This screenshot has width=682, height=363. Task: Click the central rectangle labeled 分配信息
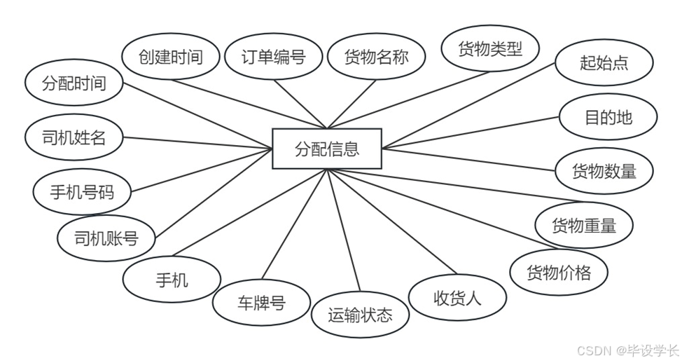(327, 149)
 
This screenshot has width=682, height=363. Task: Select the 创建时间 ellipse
(171, 57)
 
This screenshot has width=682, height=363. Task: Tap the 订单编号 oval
(274, 57)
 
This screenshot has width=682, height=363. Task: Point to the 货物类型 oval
(490, 49)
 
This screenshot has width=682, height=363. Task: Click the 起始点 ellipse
(604, 62)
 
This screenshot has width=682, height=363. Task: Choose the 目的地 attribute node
(608, 116)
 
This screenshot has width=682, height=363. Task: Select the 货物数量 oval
(604, 170)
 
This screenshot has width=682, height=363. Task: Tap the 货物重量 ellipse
(584, 225)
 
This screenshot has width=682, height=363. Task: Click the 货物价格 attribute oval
(559, 272)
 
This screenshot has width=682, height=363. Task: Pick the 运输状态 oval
(360, 315)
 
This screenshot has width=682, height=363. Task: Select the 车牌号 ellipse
(260, 303)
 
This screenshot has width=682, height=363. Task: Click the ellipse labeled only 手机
(172, 280)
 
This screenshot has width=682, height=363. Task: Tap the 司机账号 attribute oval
(106, 238)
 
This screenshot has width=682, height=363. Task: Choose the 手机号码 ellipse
(82, 191)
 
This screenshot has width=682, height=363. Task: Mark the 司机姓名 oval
(74, 137)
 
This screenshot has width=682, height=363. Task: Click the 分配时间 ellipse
(74, 84)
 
